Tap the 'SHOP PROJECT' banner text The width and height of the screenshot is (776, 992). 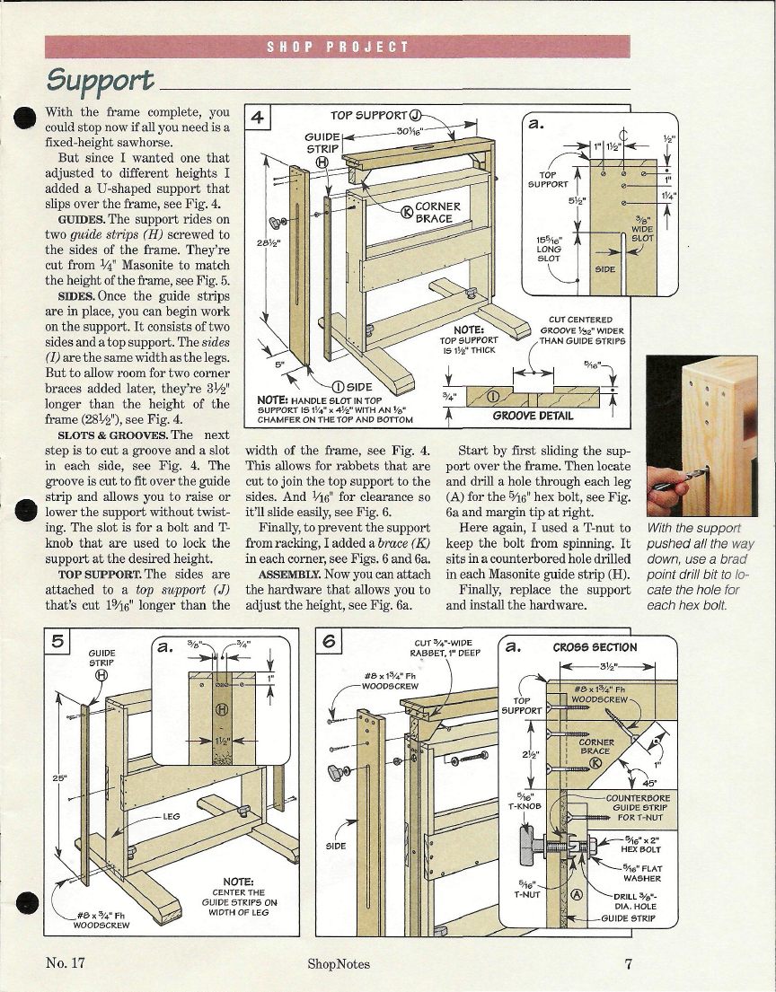(x=338, y=47)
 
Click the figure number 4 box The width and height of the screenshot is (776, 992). (x=257, y=118)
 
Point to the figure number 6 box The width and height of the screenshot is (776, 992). (x=330, y=643)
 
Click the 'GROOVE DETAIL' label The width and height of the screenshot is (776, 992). (x=533, y=416)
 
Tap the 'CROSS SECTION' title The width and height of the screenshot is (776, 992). (x=595, y=647)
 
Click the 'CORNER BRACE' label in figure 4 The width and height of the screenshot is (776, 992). (x=437, y=213)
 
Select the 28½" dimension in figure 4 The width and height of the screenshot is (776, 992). (x=267, y=242)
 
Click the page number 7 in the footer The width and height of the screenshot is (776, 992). (x=629, y=964)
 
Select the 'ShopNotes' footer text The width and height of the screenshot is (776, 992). (x=338, y=964)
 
